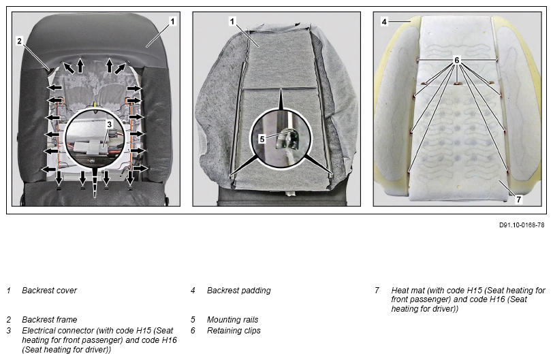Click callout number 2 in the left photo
point(19,41)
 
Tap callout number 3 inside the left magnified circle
point(110,125)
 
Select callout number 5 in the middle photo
point(262,139)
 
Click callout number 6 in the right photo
point(457,61)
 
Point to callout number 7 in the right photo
point(518,199)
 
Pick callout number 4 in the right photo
point(384,22)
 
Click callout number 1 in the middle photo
point(232,22)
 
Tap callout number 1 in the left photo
point(172,22)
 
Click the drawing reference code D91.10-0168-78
point(522,225)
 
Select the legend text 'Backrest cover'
point(49,291)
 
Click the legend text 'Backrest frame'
point(49,319)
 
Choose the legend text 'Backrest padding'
point(239,291)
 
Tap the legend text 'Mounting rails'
point(232,319)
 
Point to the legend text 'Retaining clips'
point(234,331)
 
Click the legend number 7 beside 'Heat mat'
point(377,291)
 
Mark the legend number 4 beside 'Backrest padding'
point(193,291)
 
